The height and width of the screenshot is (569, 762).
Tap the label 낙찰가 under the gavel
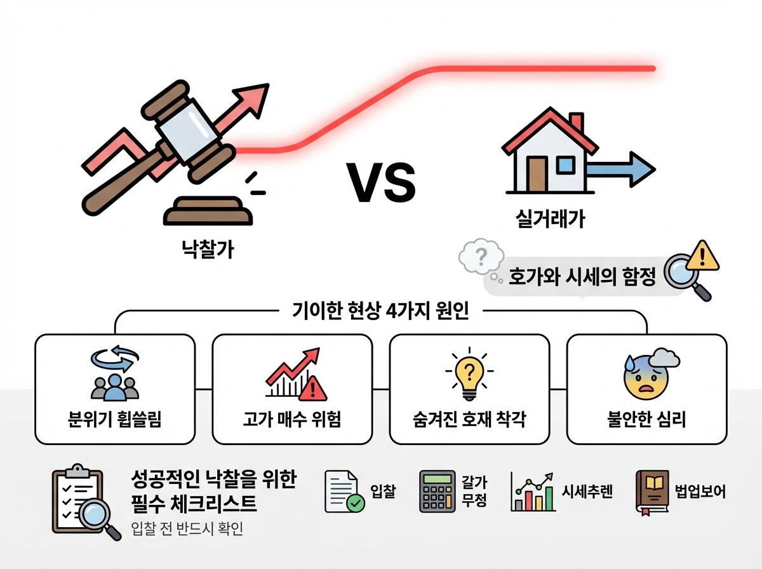tap(206, 249)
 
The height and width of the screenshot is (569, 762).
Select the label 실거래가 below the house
tap(549, 220)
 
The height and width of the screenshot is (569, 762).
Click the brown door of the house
tap(537, 174)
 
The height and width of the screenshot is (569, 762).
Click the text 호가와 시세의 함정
tap(582, 277)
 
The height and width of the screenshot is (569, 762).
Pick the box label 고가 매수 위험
tap(291, 420)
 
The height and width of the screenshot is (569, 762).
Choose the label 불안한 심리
tap(646, 420)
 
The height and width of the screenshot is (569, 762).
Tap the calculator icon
tap(438, 492)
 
